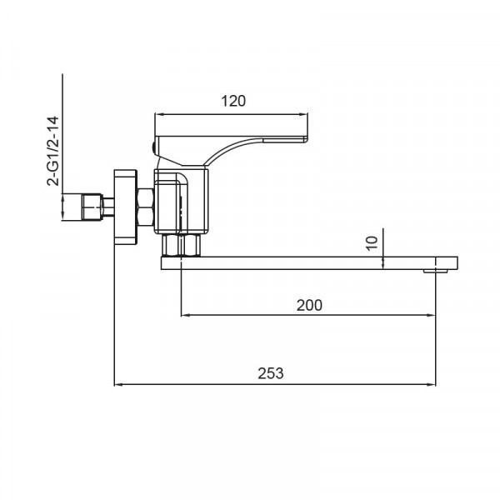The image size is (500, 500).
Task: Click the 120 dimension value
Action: click(x=233, y=101)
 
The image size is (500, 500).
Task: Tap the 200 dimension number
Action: click(x=309, y=305)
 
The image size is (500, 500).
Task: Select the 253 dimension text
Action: click(x=270, y=373)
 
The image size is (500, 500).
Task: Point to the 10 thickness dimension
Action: click(x=372, y=243)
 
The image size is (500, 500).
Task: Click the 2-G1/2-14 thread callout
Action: click(x=53, y=151)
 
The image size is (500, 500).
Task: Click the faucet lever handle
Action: click(x=231, y=151)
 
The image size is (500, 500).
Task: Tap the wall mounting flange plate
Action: click(x=125, y=207)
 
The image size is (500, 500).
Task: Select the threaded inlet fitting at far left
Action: click(x=92, y=207)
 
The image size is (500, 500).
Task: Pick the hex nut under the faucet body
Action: click(x=181, y=245)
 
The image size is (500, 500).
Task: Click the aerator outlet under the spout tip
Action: click(x=436, y=272)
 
